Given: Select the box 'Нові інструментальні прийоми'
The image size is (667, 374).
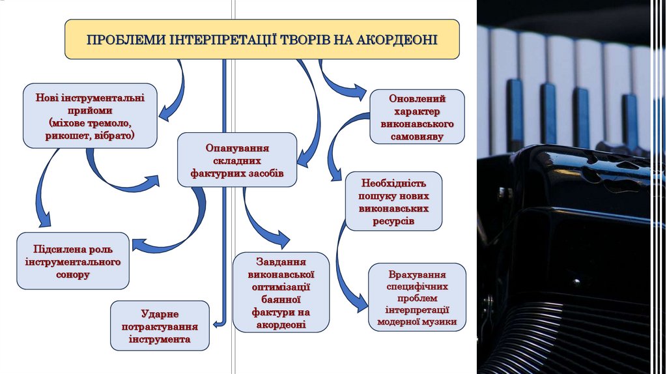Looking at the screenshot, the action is (x=91, y=115).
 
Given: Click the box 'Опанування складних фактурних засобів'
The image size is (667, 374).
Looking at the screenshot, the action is (x=237, y=160).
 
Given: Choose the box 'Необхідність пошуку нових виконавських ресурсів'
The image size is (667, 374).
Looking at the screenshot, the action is (x=393, y=201).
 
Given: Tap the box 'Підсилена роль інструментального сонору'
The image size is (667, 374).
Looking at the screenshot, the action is (x=73, y=261).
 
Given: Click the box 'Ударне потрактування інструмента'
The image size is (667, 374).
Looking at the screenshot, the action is (x=160, y=326).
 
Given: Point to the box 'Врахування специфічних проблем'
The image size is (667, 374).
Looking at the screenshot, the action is (x=417, y=296).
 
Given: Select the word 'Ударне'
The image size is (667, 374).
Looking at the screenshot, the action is (x=160, y=313).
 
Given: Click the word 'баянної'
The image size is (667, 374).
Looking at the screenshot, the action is (x=281, y=299).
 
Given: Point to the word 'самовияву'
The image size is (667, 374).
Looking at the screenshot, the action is (x=418, y=137).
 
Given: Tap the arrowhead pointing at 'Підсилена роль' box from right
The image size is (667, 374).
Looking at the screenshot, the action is (x=137, y=245).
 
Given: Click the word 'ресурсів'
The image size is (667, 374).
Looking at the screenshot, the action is (x=393, y=222).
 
